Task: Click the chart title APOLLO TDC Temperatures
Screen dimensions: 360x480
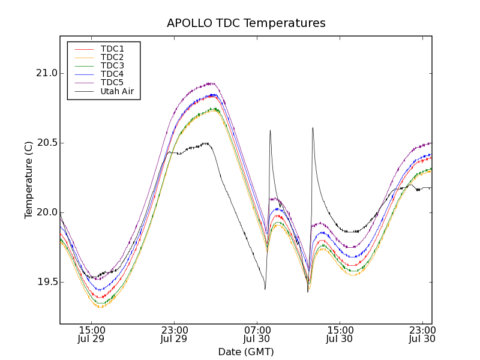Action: pos(246,23)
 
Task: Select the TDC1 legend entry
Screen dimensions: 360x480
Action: pos(112,49)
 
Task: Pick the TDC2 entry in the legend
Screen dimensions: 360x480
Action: pos(112,57)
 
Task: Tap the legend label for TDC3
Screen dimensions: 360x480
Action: pos(112,65)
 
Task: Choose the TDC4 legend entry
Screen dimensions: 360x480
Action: pos(112,74)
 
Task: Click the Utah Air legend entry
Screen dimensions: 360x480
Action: pos(117,91)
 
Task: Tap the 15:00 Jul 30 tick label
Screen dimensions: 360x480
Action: pos(339,334)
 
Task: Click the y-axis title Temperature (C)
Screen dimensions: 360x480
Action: pos(29,180)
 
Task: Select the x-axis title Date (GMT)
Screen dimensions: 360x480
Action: pos(246,352)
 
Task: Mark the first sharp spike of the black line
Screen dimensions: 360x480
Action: pos(270,130)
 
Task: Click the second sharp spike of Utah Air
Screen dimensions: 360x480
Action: pos(313,128)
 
